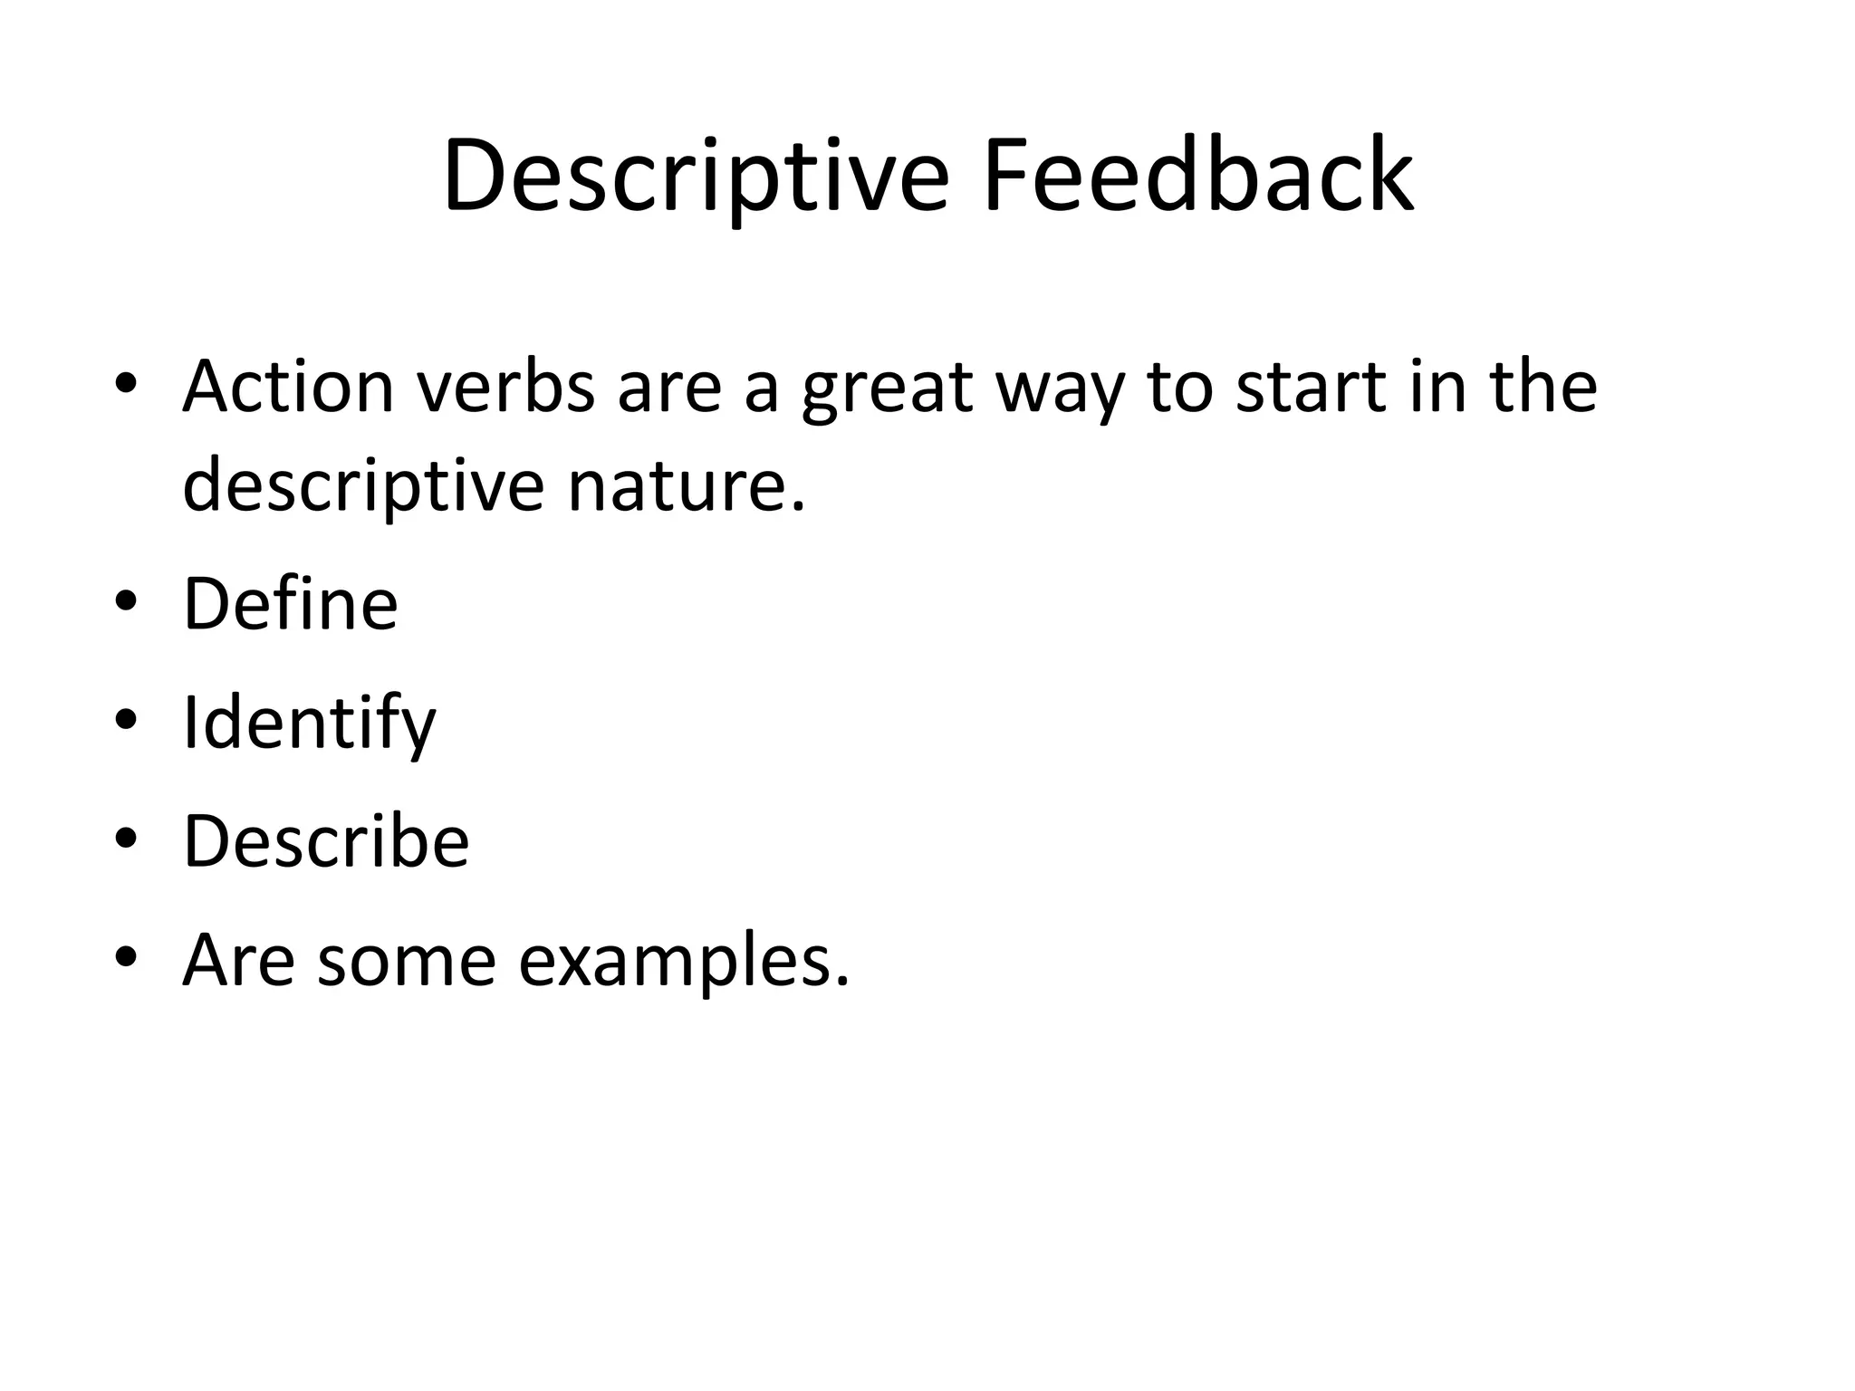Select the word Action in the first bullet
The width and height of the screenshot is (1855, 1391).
(288, 387)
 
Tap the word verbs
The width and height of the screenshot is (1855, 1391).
(505, 387)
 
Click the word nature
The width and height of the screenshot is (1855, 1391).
(686, 485)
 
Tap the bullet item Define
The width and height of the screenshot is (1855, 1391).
(290, 603)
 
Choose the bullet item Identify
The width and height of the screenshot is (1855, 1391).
(309, 724)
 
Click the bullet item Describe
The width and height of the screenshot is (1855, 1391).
(326, 841)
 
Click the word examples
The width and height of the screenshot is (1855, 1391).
(684, 963)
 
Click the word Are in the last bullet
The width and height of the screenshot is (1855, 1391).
(238, 961)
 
